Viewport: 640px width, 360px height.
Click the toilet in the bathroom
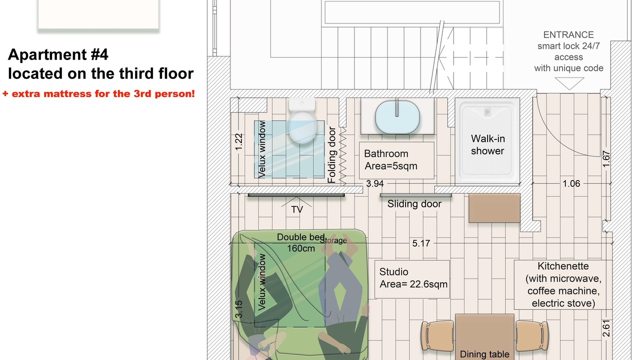(x=302, y=121)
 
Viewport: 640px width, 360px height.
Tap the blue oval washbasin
(x=397, y=117)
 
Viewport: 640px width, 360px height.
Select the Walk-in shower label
(x=487, y=145)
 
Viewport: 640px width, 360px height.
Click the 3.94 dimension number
(x=375, y=183)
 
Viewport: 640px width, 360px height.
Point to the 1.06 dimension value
(x=571, y=183)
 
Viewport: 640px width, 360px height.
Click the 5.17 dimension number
(x=421, y=243)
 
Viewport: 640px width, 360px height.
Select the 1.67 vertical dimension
(x=606, y=159)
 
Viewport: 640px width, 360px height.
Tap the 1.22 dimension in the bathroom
(x=238, y=141)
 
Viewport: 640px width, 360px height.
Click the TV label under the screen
(x=297, y=209)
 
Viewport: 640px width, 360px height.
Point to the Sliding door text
(x=414, y=204)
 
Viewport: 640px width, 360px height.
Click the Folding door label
(x=331, y=155)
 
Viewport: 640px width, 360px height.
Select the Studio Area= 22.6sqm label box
(x=412, y=279)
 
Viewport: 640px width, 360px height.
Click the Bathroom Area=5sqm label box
(x=396, y=160)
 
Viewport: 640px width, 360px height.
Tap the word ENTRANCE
(x=568, y=35)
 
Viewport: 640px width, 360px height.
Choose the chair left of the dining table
(x=437, y=335)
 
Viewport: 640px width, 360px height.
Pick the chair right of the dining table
(x=532, y=335)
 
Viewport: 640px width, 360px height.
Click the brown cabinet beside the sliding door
(x=494, y=208)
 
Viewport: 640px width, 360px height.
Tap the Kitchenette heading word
(x=563, y=266)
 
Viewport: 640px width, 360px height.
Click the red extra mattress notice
(x=98, y=93)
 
